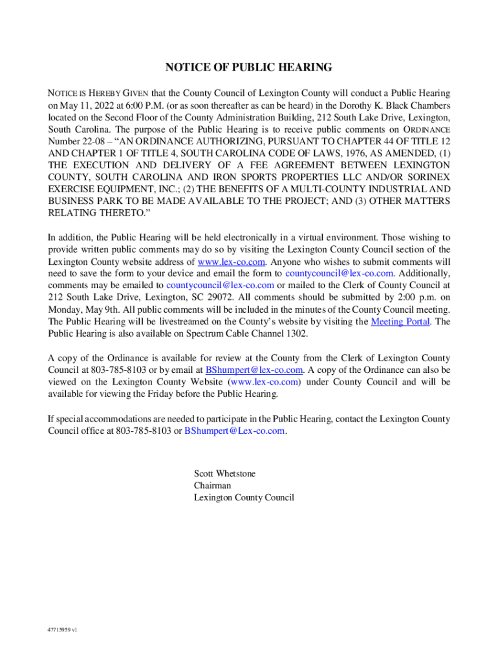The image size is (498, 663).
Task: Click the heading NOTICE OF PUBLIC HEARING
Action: [248, 67]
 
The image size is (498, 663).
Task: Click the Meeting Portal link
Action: [400, 321]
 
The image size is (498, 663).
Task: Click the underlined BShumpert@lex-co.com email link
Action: [254, 370]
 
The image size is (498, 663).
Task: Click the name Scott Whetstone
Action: [224, 473]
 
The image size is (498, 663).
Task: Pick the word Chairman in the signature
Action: [212, 486]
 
